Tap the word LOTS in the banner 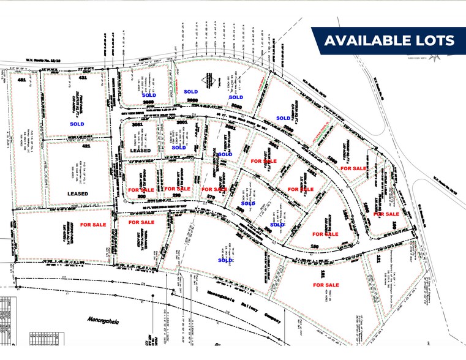point(434,40)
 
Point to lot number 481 point(21,80)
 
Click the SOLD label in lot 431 point(77,124)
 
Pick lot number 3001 point(181,123)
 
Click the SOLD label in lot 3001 point(178,148)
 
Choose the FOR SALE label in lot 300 point(141,190)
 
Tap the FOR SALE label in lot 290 point(178,189)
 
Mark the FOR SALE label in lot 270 point(214,190)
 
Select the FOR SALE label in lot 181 point(326,285)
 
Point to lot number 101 point(378,260)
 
